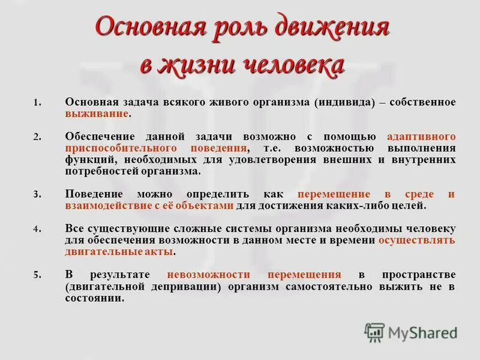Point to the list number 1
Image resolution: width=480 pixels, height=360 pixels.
tap(37, 103)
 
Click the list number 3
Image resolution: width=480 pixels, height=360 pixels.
tap(37, 194)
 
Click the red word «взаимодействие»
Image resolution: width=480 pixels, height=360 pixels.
tap(106, 206)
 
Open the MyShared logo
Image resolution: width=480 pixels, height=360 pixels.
tap(410, 332)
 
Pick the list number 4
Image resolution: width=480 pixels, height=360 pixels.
tap(37, 229)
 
